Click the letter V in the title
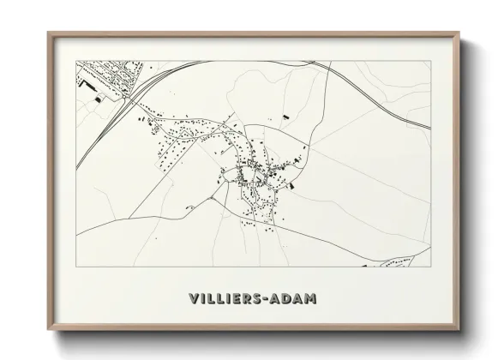[191, 299]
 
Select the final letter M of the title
[309, 299]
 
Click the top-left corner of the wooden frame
[48, 33]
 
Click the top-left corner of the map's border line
[76, 61]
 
